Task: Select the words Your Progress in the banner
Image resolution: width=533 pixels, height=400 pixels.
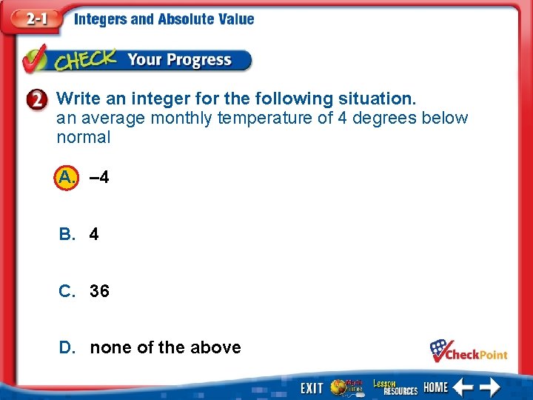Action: (x=179, y=60)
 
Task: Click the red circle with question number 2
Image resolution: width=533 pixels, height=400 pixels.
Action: (x=40, y=99)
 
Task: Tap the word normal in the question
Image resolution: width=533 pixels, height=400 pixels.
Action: (x=83, y=137)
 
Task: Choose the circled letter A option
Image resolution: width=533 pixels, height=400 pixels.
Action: (x=66, y=177)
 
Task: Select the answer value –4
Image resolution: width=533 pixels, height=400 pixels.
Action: (x=99, y=178)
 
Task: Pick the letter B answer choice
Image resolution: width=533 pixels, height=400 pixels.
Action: (x=67, y=234)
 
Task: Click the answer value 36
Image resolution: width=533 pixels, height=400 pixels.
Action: (x=99, y=291)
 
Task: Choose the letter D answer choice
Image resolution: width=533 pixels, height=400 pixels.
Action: (x=67, y=347)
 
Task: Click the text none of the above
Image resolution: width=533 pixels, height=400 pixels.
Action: (x=165, y=347)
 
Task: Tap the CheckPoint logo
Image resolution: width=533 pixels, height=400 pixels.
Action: (x=469, y=350)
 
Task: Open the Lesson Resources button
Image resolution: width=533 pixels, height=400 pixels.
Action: (x=395, y=386)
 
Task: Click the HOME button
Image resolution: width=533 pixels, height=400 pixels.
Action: (x=436, y=387)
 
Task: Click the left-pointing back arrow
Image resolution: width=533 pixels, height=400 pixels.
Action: (x=463, y=386)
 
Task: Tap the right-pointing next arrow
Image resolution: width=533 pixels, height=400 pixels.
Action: (x=490, y=386)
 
